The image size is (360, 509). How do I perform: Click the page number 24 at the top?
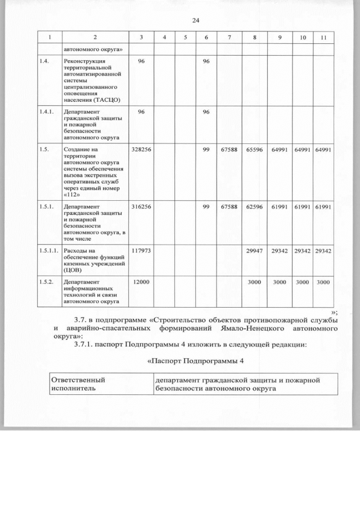(196, 21)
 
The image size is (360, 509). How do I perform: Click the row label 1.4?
(44, 60)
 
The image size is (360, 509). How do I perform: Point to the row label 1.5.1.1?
(49, 250)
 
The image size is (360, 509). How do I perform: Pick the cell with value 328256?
(141, 149)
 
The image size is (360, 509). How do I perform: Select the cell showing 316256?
(141, 207)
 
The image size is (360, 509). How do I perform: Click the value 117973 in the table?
(141, 250)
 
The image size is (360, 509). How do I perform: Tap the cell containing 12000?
(141, 281)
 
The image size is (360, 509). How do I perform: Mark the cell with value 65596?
(255, 149)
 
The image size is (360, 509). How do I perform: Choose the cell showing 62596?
(255, 207)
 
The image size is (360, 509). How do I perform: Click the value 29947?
(255, 250)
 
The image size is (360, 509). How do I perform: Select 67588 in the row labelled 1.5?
(230, 149)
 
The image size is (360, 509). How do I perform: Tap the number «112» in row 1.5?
(71, 195)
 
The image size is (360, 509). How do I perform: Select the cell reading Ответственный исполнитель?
(78, 384)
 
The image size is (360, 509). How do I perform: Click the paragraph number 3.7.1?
(83, 344)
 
